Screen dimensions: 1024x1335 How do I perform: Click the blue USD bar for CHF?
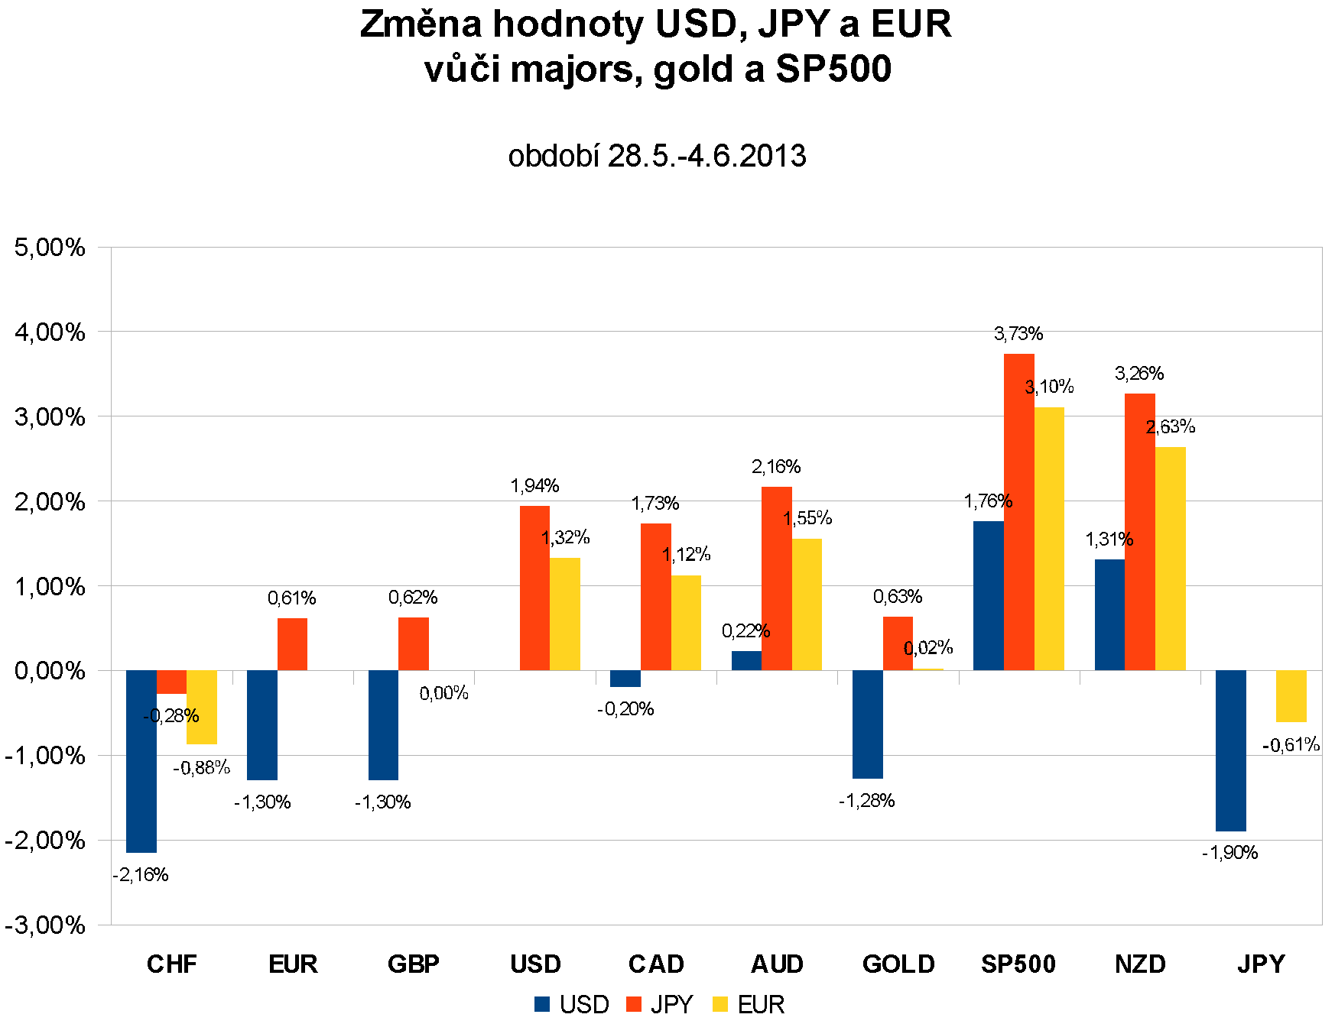click(x=141, y=761)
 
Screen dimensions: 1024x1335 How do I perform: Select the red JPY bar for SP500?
click(x=1018, y=512)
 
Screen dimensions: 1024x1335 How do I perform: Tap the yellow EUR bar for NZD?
click(x=1170, y=559)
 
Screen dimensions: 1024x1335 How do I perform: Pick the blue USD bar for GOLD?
click(x=867, y=724)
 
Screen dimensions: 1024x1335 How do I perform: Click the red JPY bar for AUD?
click(x=776, y=578)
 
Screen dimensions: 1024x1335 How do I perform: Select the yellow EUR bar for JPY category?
click(x=1291, y=696)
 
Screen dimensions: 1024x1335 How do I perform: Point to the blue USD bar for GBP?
click(x=383, y=725)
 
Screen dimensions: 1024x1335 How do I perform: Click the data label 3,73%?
click(x=1018, y=334)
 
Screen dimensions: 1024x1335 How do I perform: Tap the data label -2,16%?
click(x=141, y=875)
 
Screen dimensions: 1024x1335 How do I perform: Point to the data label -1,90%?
click(x=1229, y=853)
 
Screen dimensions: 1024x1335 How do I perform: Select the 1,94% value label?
click(x=534, y=486)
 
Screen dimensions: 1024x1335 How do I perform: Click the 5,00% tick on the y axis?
click(x=50, y=248)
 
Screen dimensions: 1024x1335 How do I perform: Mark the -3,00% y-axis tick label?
click(x=45, y=925)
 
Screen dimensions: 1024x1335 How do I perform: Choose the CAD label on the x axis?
click(x=656, y=964)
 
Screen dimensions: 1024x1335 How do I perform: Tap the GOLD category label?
click(x=898, y=964)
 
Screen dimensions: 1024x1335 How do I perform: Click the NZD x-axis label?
click(x=1140, y=964)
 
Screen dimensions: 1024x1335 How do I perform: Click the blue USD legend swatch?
click(x=542, y=1004)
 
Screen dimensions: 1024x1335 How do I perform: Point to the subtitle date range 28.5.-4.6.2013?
click(x=706, y=157)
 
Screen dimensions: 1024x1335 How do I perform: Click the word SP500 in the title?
click(x=833, y=70)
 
